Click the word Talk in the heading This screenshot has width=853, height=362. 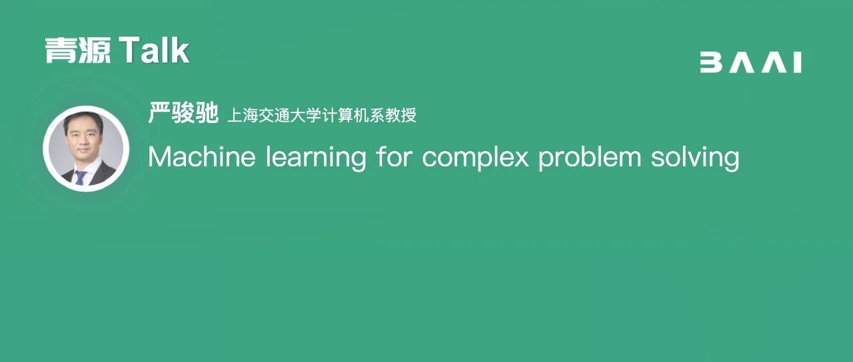154,50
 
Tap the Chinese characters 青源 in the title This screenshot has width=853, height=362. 78,50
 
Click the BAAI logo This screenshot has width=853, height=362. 751,63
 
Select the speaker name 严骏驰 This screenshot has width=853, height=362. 183,112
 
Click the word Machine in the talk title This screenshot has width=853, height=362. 202,156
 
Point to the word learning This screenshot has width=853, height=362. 316,158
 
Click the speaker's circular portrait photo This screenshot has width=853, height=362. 86,148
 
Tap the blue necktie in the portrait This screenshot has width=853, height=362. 81,178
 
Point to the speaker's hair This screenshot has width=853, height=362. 84,120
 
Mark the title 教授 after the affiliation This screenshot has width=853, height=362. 401,115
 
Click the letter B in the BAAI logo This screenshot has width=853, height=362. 711,63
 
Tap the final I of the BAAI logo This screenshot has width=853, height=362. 798,63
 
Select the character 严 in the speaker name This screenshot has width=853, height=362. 159,112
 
